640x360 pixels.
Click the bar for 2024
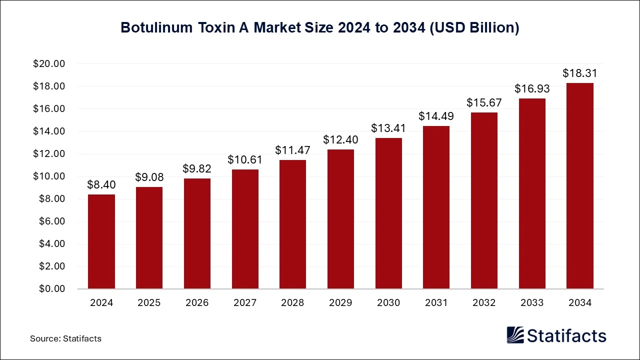[101, 241]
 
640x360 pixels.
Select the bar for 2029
[340, 219]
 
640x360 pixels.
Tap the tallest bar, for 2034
[579, 186]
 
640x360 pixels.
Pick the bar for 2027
[245, 229]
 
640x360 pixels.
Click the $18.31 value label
[579, 73]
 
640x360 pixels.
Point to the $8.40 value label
[101, 185]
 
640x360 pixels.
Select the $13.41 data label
[388, 128]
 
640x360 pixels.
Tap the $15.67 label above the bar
[483, 103]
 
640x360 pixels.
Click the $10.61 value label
[245, 160]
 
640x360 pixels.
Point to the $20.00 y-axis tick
[49, 64]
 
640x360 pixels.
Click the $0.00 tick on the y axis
[51, 289]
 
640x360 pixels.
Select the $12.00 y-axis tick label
[49, 154]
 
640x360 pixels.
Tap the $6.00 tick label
[51, 221]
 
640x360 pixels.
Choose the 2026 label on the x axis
[197, 303]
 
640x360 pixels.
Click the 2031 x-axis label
[436, 303]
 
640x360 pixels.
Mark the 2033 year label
[531, 303]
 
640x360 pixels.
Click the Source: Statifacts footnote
[65, 338]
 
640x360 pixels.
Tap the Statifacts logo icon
[515, 335]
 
